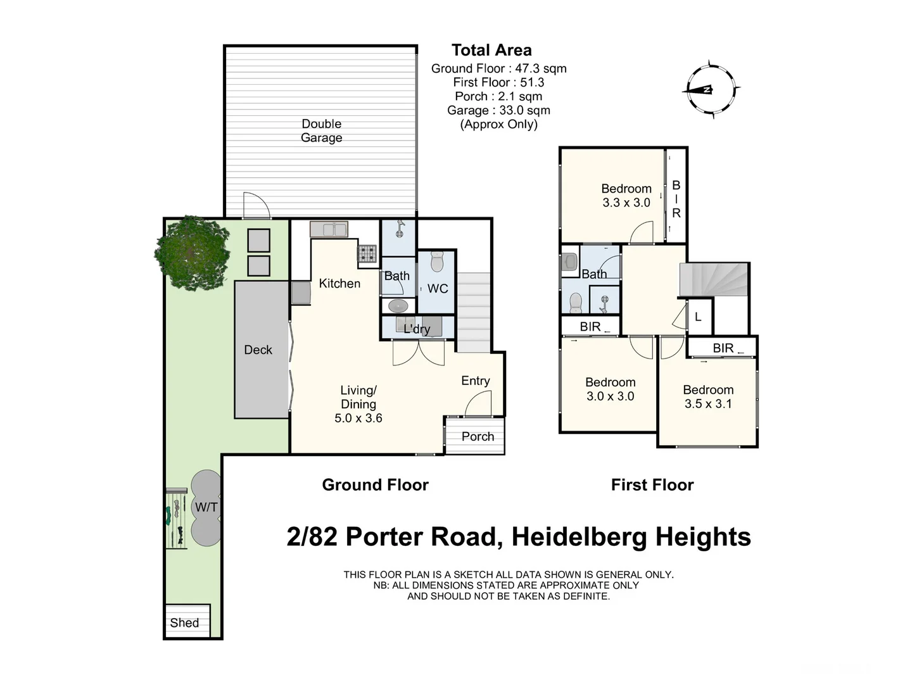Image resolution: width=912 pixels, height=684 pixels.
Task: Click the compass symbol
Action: coord(711,89)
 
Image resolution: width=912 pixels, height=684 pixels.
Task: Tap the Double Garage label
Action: coord(321,130)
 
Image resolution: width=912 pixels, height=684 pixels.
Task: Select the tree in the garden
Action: coord(192,253)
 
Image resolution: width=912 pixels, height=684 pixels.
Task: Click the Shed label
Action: coord(184,623)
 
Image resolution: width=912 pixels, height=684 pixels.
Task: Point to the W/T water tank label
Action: coord(206,507)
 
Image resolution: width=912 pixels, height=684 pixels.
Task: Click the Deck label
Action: coord(258,350)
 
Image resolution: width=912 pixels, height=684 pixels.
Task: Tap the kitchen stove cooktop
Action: coord(367,253)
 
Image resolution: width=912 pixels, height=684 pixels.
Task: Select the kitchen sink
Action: coord(329,229)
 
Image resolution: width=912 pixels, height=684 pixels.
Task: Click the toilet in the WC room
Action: coord(437,262)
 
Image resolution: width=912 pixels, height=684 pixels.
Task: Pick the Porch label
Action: coord(478,436)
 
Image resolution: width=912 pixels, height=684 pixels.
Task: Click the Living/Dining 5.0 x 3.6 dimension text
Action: coord(358,418)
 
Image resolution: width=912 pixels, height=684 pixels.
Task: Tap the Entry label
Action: coord(475,381)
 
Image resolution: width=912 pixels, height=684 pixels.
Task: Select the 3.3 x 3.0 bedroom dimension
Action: coord(626,203)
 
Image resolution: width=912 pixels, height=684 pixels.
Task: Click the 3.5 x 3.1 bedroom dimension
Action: coord(708,404)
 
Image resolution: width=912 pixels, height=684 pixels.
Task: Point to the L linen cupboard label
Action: coord(698,317)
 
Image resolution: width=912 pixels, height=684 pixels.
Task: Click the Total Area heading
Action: coord(491,50)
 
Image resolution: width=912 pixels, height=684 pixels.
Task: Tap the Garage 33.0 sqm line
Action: coord(498,110)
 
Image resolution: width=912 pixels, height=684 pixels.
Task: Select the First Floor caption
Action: coord(652,485)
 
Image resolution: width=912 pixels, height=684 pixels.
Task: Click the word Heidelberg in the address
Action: coord(579,537)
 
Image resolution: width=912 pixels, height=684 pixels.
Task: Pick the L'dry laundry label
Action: coord(417,329)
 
